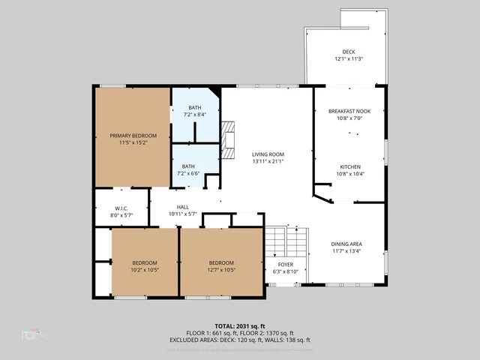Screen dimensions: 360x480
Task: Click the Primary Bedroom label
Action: click(x=133, y=136)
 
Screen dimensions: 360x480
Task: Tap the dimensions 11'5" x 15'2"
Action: click(x=133, y=142)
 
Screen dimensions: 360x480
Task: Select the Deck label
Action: click(x=348, y=52)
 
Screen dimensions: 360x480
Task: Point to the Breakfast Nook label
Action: click(x=349, y=111)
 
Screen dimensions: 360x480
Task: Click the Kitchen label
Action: click(x=349, y=166)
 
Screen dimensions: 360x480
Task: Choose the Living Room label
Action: click(x=267, y=154)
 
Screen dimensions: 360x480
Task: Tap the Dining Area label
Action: click(x=347, y=244)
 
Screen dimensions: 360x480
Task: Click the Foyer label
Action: click(x=286, y=265)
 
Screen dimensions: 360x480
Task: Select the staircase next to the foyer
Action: click(x=287, y=241)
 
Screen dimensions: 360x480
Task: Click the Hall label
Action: click(x=182, y=207)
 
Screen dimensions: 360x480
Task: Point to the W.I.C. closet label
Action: click(x=122, y=208)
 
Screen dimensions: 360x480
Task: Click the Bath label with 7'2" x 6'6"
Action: click(x=187, y=166)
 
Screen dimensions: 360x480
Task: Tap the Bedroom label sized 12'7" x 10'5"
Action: click(x=216, y=262)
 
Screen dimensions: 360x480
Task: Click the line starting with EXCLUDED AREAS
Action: click(x=240, y=340)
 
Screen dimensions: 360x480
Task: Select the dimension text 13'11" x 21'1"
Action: click(x=267, y=160)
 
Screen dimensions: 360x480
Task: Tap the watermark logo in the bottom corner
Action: click(x=32, y=333)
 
